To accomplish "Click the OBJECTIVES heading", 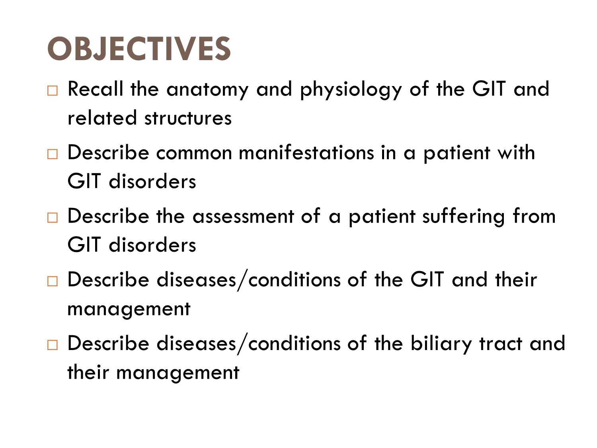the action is click(139, 49).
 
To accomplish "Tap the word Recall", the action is click(95, 89).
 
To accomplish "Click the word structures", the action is click(188, 118).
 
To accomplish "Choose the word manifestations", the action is click(306, 153).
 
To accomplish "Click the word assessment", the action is click(244, 217).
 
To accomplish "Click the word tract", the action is click(500, 344).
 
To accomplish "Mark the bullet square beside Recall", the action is click(53, 90).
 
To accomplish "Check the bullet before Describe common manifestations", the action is click(53, 154).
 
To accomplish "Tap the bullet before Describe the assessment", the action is click(53, 217).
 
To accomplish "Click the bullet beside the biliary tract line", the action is click(53, 345).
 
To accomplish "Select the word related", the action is click(102, 117).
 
